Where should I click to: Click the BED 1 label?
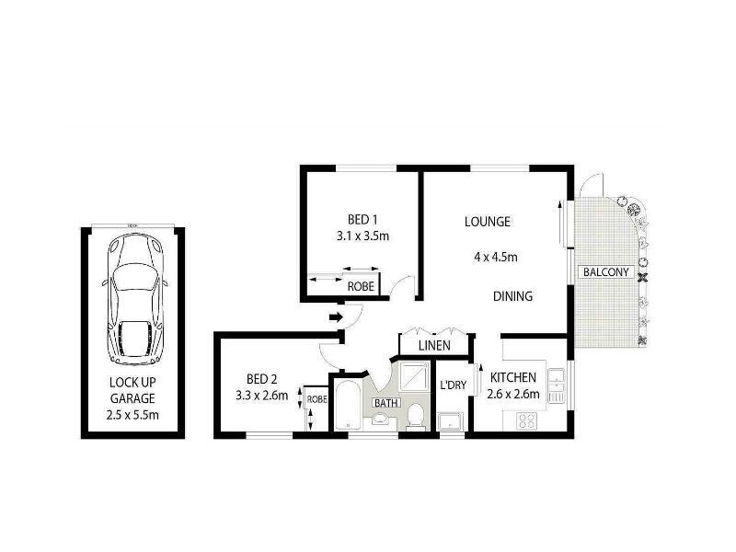tap(362, 219)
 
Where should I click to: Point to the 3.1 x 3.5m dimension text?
tap(362, 236)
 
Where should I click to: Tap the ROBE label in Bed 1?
tap(360, 286)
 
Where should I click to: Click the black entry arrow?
tap(337, 317)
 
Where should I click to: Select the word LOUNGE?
tap(487, 222)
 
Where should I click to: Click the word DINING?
tap(512, 296)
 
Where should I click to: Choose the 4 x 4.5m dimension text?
tap(495, 258)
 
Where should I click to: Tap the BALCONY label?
tap(605, 272)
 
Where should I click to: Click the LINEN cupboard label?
tap(433, 346)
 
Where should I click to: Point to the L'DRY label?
tap(452, 385)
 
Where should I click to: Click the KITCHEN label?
tap(512, 378)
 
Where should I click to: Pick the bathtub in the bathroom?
tap(348, 408)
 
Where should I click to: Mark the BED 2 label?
tap(262, 379)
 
